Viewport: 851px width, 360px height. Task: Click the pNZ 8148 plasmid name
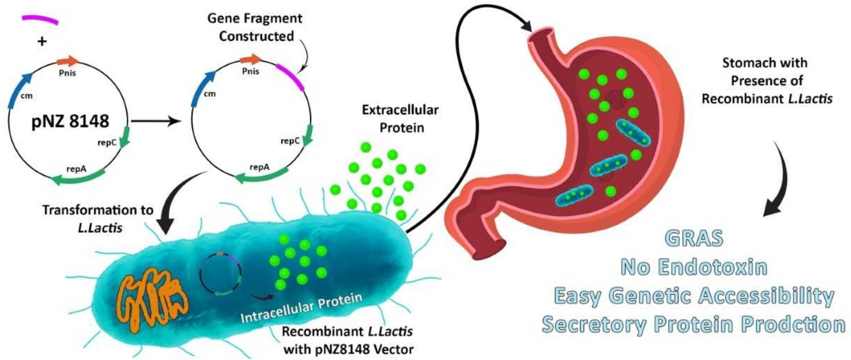(70, 121)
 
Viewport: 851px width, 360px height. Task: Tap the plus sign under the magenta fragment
(42, 41)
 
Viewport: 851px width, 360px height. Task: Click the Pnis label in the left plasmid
(67, 73)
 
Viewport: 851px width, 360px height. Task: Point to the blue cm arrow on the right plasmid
(202, 88)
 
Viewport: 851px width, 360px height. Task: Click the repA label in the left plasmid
(76, 169)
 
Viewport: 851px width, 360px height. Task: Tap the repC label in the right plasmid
(290, 141)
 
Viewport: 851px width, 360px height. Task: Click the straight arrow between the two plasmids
(155, 122)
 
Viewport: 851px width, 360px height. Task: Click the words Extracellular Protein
(400, 118)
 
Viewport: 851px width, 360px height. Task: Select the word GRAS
(694, 238)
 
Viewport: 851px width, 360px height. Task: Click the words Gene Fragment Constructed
(255, 27)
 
